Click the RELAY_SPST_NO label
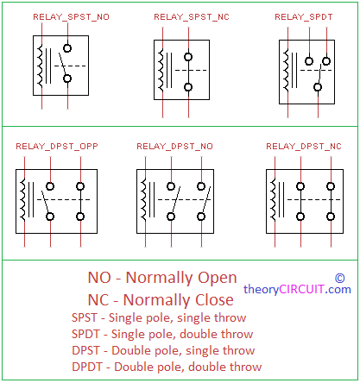pos(71,17)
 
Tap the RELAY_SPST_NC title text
pos(192,17)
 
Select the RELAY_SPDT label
pos(304,17)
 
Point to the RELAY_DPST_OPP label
pos(57,147)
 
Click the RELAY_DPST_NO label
pos(174,147)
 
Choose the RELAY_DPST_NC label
pos(304,147)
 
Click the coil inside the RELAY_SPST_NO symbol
pos(40,66)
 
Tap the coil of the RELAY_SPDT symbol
pos(286,70)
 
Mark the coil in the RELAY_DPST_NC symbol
pos(273,199)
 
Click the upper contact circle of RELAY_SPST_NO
pos(67,48)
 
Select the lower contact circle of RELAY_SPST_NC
pos(188,87)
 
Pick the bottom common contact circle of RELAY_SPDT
pos(318,87)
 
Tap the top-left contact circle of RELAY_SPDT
pos(309,61)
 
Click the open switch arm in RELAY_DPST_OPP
pos(45,202)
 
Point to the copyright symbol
pos(340,278)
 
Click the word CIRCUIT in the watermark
pos(302,289)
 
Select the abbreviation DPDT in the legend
pos(87,367)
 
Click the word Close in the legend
pos(214,300)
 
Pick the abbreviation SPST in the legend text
pos(85,317)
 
